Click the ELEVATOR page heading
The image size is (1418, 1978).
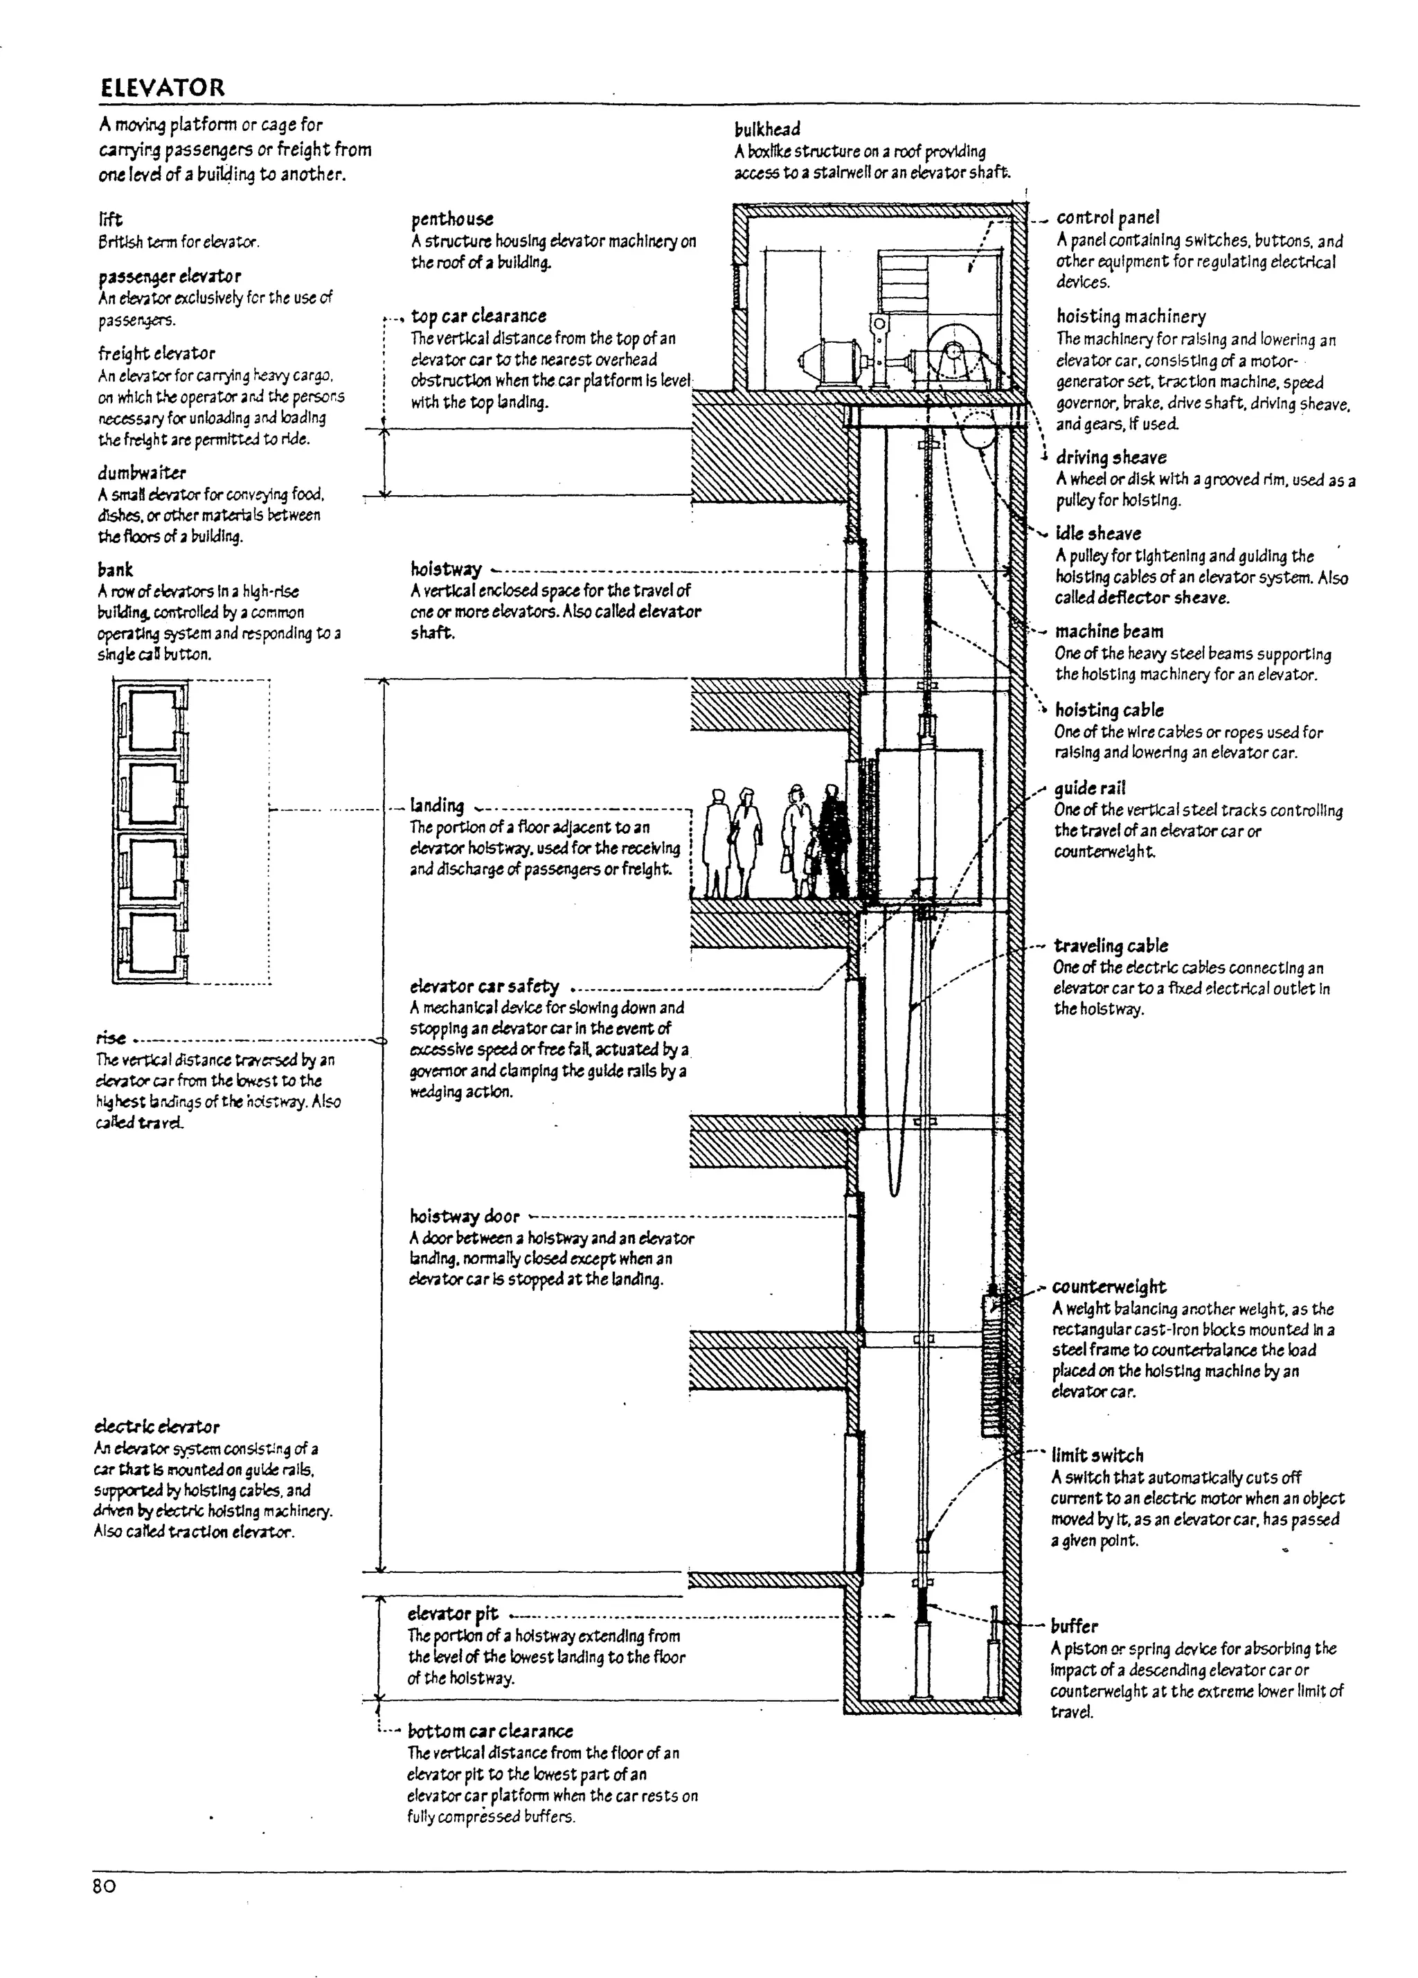tap(162, 87)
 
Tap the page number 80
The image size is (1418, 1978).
tap(105, 1887)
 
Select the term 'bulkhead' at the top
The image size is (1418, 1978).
tap(766, 129)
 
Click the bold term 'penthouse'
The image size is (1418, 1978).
tap(451, 219)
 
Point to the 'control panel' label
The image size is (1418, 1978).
tap(1108, 217)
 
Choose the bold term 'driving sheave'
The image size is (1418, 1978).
tap(1110, 457)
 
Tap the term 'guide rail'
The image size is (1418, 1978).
tap(1089, 788)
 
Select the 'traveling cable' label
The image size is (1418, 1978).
tap(1110, 945)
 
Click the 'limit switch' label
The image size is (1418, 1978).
tap(1097, 1456)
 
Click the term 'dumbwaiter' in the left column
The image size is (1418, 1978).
tap(141, 473)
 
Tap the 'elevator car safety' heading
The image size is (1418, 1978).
tap(484, 986)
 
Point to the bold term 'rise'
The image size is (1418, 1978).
tap(111, 1038)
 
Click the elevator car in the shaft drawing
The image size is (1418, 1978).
tap(928, 824)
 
